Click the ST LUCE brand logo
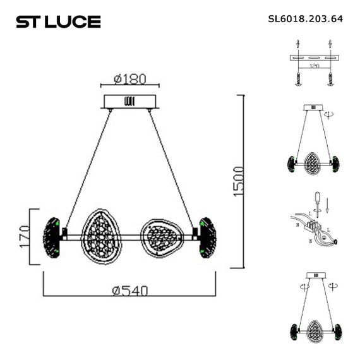pyautogui.click(x=58, y=21)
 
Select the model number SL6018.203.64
pyautogui.click(x=305, y=18)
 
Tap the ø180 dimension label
pyautogui.click(x=130, y=80)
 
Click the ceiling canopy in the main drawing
pyautogui.click(x=131, y=102)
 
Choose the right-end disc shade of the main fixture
pyautogui.click(x=207, y=237)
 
